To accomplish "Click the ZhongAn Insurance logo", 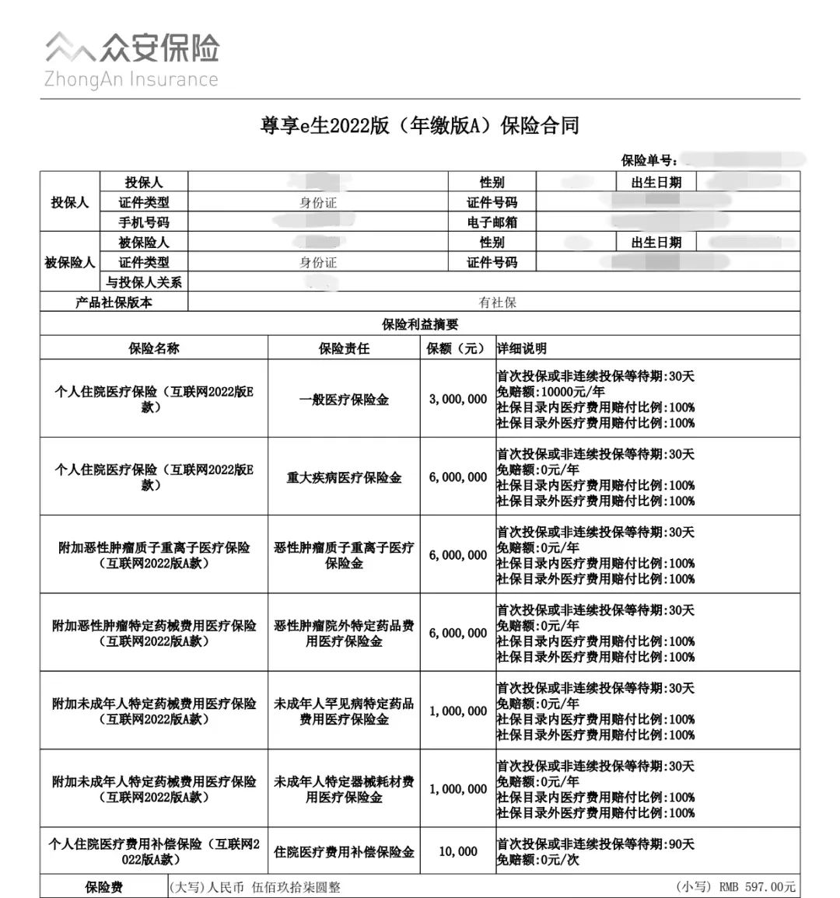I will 131,59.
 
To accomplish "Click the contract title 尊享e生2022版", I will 419,126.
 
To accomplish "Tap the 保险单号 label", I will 649,160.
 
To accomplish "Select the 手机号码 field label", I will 143,222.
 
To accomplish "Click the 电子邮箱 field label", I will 492,222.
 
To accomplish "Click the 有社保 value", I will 497,302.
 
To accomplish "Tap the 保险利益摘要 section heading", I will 419,324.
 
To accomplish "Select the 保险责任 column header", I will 344,348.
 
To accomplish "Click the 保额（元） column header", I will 457,348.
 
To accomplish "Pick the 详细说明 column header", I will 522,348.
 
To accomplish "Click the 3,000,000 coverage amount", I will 457,399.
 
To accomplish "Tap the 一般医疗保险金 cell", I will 344,400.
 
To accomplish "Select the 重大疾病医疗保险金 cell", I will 344,477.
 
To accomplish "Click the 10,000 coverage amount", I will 457,851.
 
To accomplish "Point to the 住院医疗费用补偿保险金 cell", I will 344,852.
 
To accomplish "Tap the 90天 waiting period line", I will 595,844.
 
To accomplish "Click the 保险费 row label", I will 103,887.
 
